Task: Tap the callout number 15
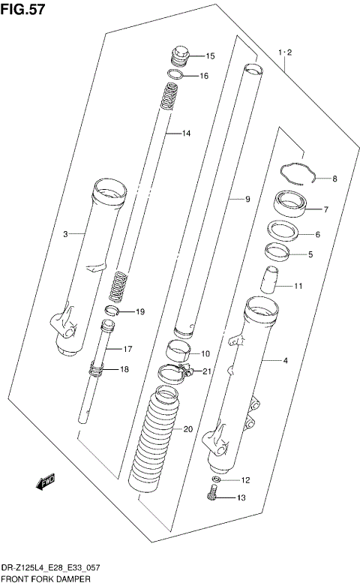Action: click(x=209, y=56)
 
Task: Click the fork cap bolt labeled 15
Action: click(x=180, y=56)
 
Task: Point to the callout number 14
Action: click(x=186, y=134)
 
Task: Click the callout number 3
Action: click(x=65, y=235)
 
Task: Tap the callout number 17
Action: click(x=127, y=349)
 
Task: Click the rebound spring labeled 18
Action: click(x=97, y=369)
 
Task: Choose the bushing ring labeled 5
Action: click(x=277, y=252)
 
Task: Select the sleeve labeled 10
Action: click(x=177, y=350)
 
